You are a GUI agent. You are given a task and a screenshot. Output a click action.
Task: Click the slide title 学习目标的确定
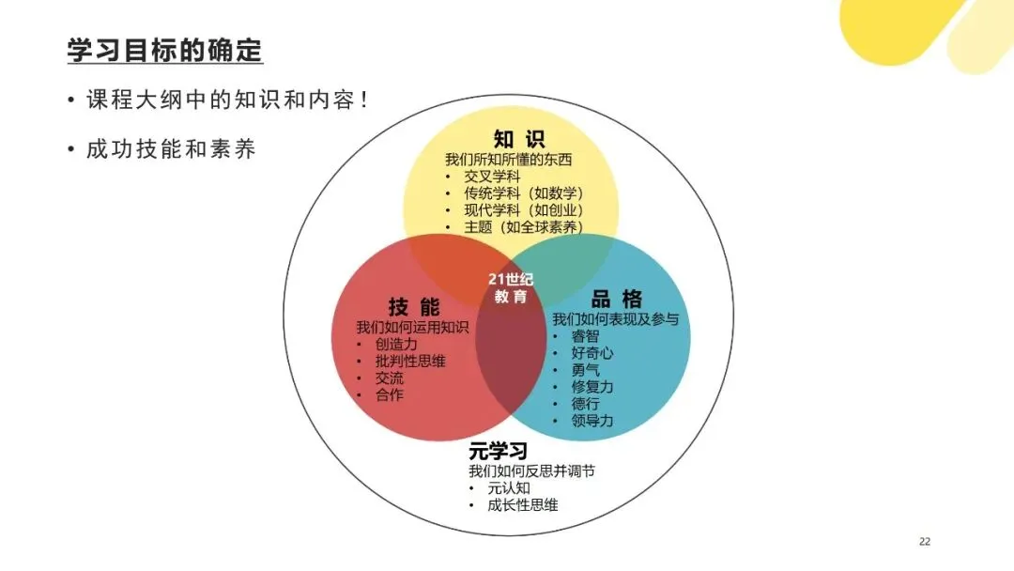[164, 49]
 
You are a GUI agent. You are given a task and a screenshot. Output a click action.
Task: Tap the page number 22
[925, 541]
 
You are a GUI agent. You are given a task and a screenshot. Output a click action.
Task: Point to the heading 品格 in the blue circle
[617, 299]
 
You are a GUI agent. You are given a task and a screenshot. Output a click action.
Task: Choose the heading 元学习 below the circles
[498, 451]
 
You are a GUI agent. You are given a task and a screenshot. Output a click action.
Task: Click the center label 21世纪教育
[511, 288]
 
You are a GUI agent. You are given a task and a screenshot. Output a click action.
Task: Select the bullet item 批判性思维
[410, 361]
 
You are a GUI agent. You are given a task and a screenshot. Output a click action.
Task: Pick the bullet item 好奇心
[592, 353]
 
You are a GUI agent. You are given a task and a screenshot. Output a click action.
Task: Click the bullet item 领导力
[592, 421]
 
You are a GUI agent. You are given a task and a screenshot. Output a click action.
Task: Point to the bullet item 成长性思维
[522, 505]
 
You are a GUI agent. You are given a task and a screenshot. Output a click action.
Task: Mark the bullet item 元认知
[509, 488]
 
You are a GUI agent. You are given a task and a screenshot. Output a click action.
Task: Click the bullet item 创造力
[396, 344]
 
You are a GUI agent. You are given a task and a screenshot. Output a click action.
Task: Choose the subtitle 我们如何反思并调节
[531, 471]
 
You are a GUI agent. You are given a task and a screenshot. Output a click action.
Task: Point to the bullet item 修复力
[592, 387]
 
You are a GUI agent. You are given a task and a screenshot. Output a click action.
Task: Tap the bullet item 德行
[586, 404]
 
